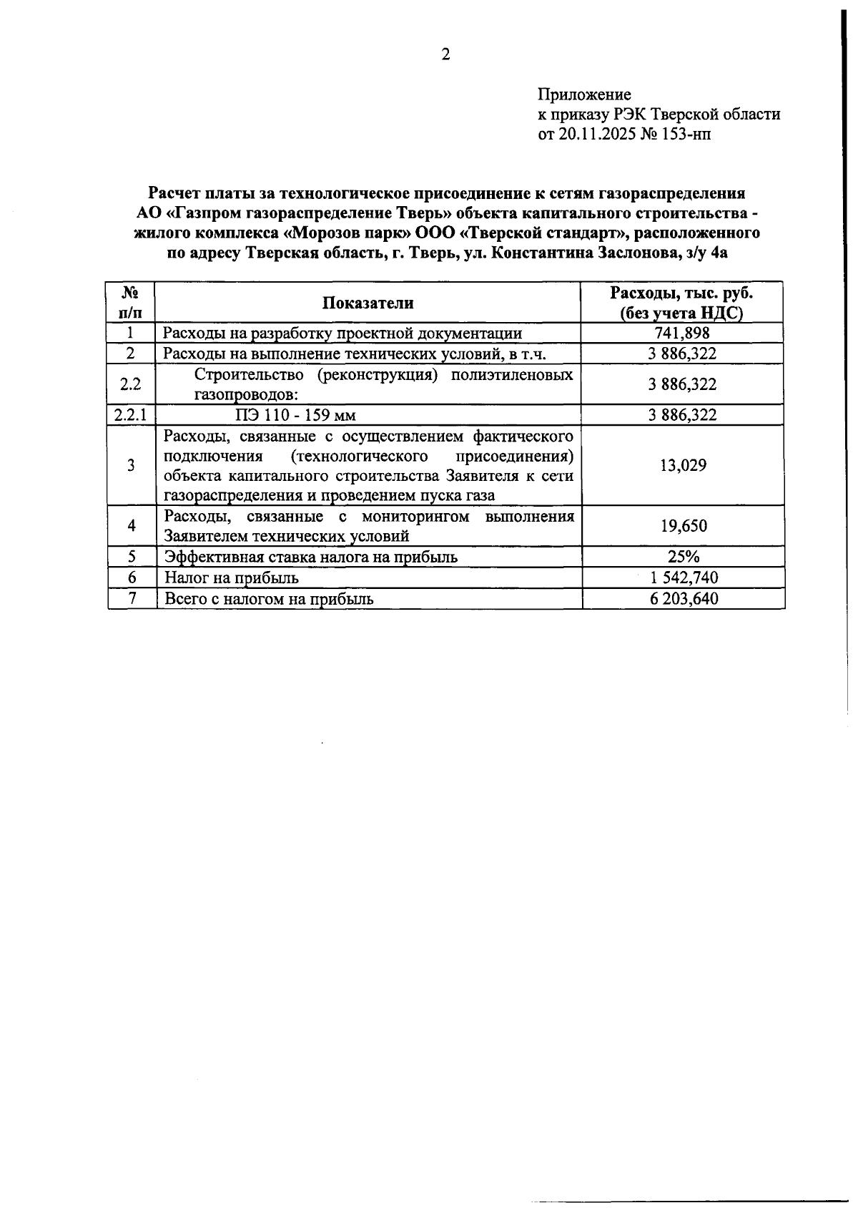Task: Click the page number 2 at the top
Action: [445, 55]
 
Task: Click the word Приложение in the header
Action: [584, 94]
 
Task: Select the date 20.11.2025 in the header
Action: [592, 134]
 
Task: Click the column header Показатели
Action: [368, 303]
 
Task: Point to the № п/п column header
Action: [131, 303]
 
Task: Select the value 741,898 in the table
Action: [682, 333]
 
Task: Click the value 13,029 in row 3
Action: [683, 466]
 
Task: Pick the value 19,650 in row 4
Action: [684, 527]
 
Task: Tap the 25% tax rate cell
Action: [684, 557]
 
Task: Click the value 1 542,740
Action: [684, 578]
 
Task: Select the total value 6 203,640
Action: [684, 599]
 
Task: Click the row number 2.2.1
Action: [130, 415]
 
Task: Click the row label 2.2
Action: [130, 384]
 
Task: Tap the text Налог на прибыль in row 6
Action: [231, 578]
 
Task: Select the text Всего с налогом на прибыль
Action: [269, 599]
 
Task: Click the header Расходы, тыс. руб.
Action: [681, 293]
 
